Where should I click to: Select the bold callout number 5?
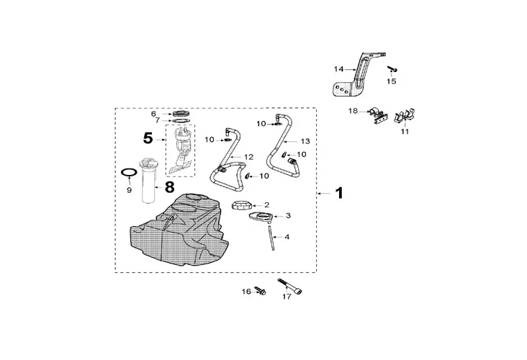coord(148,138)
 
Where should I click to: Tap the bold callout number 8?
coord(169,186)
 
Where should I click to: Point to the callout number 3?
coord(288,215)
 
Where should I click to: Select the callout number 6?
coord(153,114)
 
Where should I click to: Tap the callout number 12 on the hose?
coord(248,156)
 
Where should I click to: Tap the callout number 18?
coord(353,111)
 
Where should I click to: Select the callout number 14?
coord(338,69)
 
